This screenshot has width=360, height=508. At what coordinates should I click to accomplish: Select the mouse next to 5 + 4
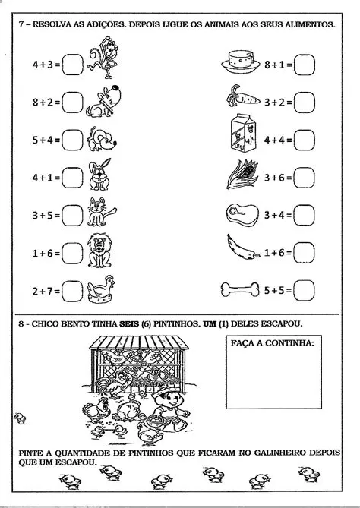click(99, 140)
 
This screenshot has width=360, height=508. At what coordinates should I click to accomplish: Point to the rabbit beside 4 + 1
click(99, 176)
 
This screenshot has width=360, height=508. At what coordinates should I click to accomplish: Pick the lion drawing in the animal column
click(99, 250)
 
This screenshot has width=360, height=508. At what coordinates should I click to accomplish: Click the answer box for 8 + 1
click(305, 66)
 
